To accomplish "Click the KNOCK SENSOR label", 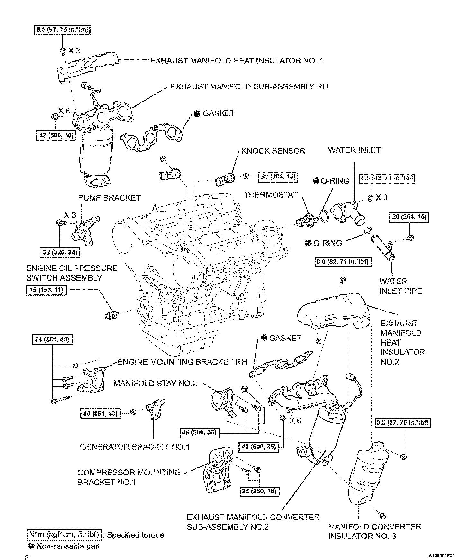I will click(273, 151).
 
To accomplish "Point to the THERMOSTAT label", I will click(271, 195).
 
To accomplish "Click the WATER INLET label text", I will click(354, 150).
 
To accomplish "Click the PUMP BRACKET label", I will click(109, 198).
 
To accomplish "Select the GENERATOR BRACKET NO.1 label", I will click(135, 447).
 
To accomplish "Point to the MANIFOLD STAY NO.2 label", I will click(155, 383).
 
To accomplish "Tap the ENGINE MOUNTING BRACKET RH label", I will click(182, 362).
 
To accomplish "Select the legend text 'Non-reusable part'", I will click(68, 546).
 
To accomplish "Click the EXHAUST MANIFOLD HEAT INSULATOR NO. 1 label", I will click(237, 60).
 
